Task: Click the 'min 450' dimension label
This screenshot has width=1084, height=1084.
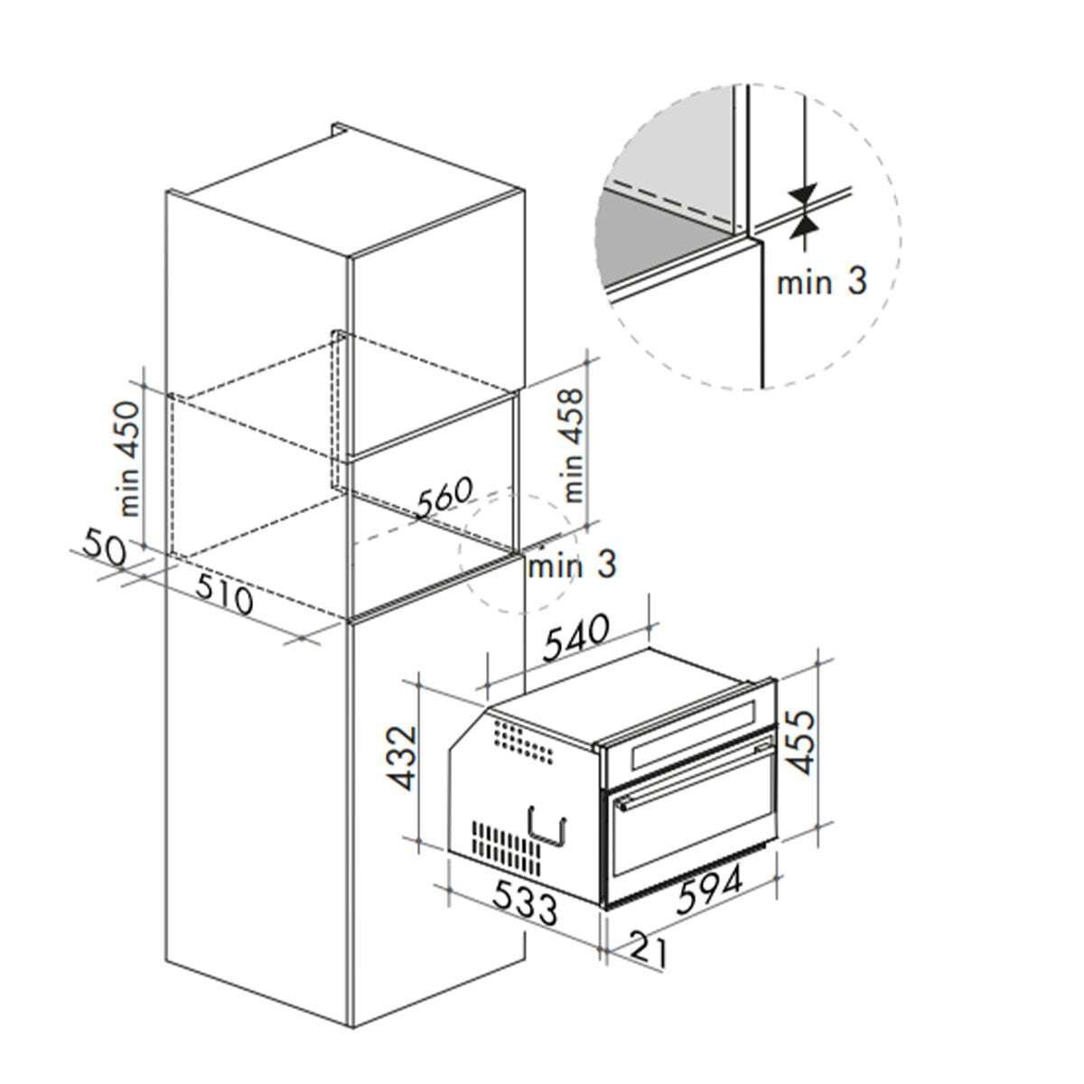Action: coord(130,458)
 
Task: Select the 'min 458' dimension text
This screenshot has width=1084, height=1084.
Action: coord(572,444)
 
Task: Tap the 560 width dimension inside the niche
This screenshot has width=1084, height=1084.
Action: coord(444,497)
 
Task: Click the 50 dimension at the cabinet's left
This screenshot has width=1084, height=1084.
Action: coord(104,546)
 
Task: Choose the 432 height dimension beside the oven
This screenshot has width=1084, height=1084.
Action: coord(403,758)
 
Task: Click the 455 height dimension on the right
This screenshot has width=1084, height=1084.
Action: coord(801,742)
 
